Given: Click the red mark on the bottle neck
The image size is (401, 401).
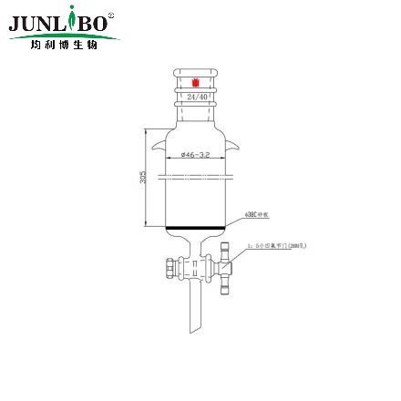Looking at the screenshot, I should coord(193,84).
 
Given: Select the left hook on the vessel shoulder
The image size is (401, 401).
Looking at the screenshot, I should coord(160,143).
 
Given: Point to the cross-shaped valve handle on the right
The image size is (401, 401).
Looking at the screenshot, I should coord(226,270).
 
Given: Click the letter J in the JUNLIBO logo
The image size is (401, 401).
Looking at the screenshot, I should coord(15,23).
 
